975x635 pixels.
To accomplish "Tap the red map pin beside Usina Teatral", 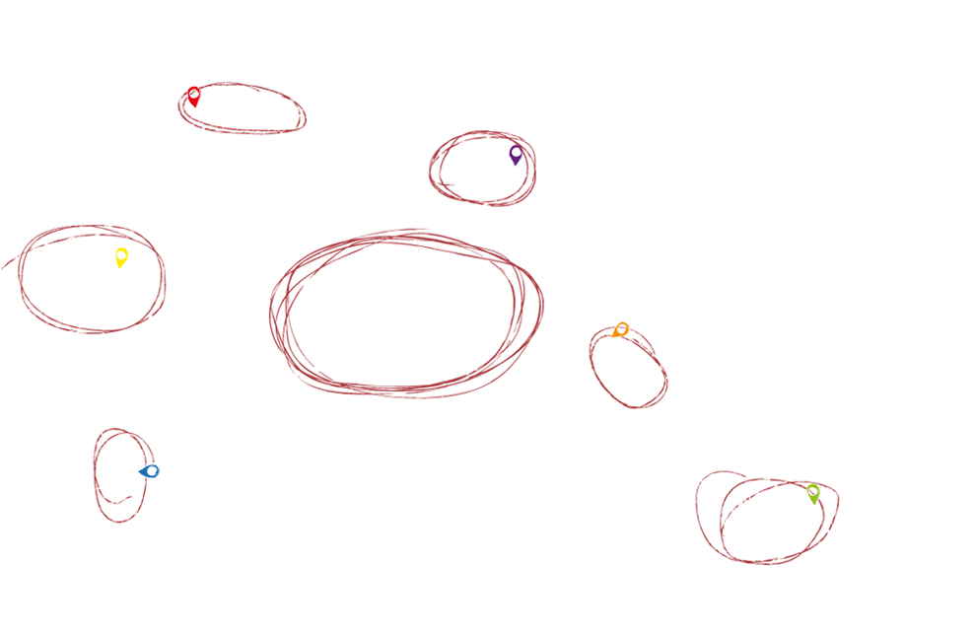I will pos(193,97).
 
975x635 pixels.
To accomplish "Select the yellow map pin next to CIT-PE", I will pos(121,258).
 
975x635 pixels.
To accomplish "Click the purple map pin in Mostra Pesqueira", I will pos(514,154).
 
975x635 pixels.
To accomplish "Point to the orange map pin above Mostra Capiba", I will pos(620,330).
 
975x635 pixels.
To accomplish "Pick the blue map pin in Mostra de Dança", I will pos(150,471).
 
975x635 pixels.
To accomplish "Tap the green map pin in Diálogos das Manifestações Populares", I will pos(812,492).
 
